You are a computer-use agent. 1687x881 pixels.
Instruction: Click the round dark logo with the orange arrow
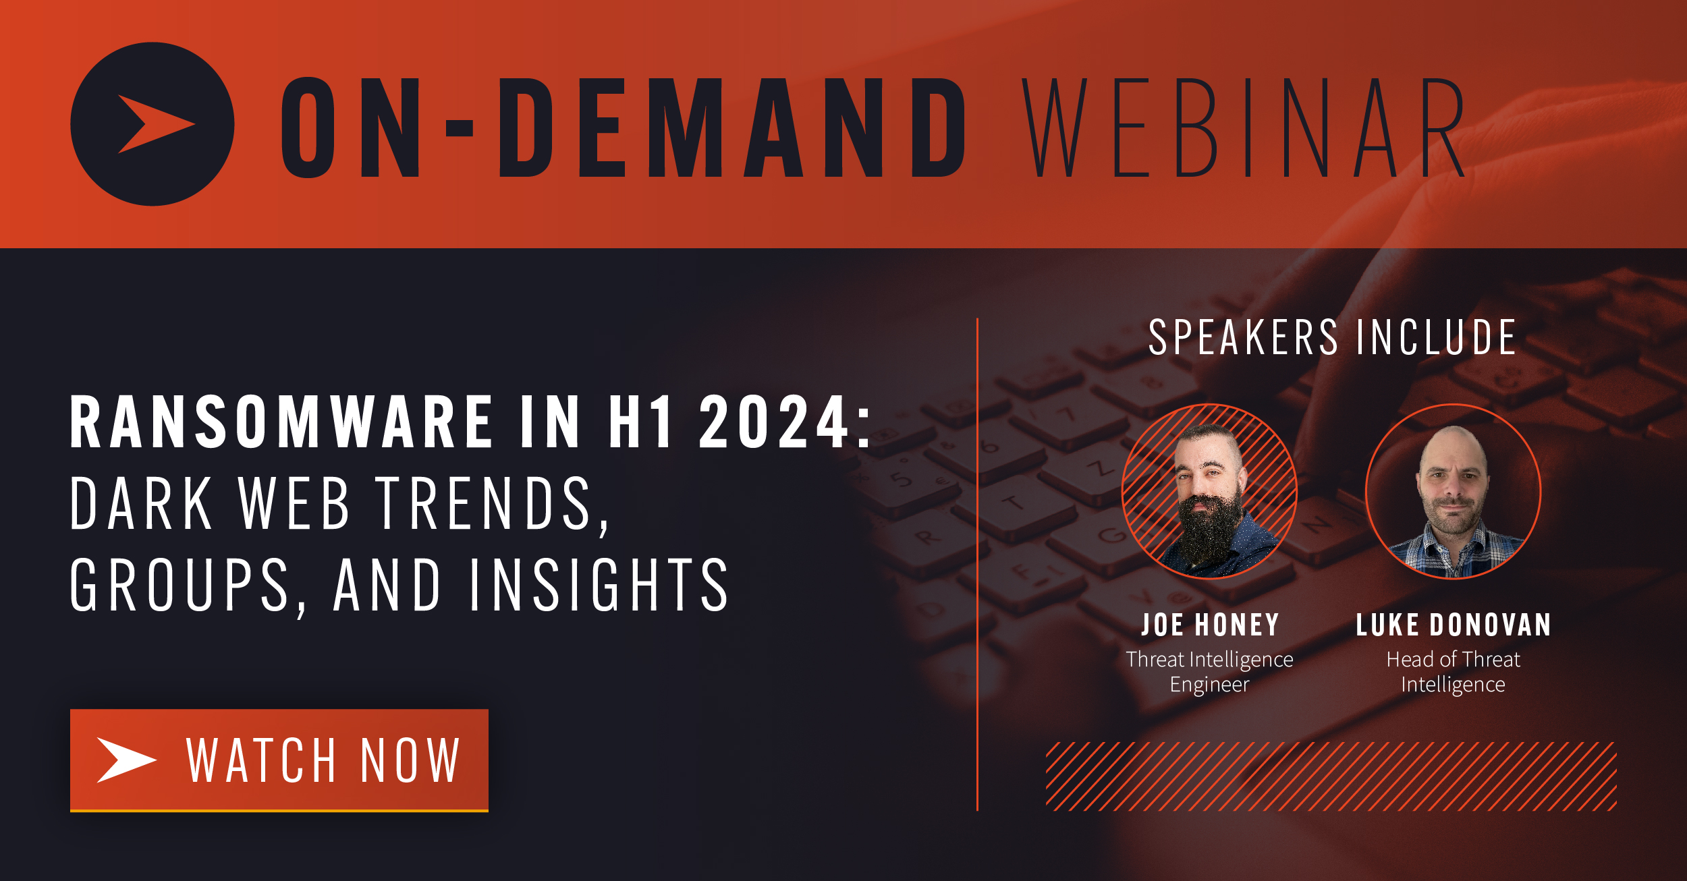pyautogui.click(x=153, y=124)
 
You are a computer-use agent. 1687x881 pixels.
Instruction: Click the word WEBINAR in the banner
pyautogui.click(x=1243, y=128)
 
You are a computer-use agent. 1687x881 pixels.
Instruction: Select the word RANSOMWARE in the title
pyautogui.click(x=282, y=423)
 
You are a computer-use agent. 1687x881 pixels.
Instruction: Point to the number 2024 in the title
pyautogui.click(x=774, y=423)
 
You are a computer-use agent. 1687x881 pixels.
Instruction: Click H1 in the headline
pyautogui.click(x=640, y=423)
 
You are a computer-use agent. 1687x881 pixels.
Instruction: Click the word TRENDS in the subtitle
pyautogui.click(x=484, y=504)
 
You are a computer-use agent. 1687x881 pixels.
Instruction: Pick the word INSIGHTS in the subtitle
pyautogui.click(x=599, y=586)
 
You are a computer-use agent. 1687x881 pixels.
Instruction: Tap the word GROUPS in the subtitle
pyautogui.click(x=180, y=586)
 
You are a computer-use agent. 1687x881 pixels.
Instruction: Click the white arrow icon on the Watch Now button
pyautogui.click(x=126, y=760)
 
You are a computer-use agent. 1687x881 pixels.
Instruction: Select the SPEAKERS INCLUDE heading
pyautogui.click(x=1333, y=337)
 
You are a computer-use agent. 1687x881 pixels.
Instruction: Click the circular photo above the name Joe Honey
pyautogui.click(x=1209, y=491)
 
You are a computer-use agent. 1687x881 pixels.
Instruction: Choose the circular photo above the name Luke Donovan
pyautogui.click(x=1453, y=491)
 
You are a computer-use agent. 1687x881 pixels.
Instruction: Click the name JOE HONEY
pyautogui.click(x=1210, y=625)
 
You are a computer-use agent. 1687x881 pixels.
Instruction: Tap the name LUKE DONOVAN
pyautogui.click(x=1454, y=625)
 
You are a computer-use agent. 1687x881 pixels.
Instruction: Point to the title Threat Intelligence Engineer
pyautogui.click(x=1209, y=672)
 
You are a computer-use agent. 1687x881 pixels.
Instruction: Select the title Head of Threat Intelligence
pyautogui.click(x=1453, y=672)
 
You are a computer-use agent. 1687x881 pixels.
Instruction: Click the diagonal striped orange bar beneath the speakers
pyautogui.click(x=1331, y=776)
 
